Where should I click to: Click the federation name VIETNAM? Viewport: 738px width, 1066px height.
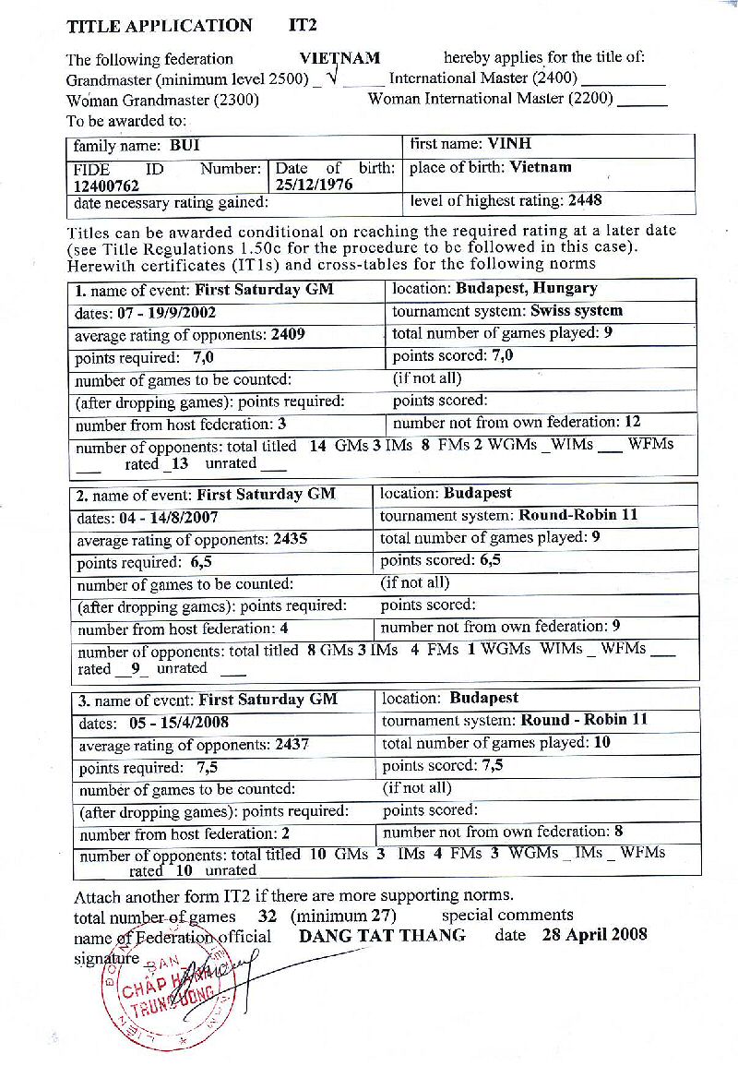coord(339,58)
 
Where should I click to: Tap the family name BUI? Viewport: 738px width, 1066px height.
coord(184,146)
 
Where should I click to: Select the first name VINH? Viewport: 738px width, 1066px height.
coord(509,144)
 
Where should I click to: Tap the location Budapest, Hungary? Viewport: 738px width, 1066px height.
coord(527,289)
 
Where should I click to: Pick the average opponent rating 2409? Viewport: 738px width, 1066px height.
coord(288,335)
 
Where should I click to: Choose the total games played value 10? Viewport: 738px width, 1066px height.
coord(601,742)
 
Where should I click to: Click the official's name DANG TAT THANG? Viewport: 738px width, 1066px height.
coord(383,935)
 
